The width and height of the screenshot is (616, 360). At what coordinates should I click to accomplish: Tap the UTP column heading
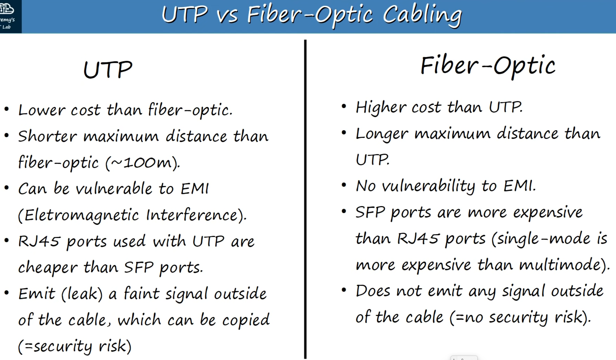point(108,70)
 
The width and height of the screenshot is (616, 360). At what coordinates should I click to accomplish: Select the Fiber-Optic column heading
point(488,66)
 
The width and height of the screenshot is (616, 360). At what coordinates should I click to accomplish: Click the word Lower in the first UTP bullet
point(42,110)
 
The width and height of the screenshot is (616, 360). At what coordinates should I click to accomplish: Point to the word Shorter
point(48,136)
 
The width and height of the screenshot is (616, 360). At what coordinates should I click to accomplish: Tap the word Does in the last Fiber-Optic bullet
point(373,291)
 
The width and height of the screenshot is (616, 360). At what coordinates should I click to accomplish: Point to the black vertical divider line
point(305,199)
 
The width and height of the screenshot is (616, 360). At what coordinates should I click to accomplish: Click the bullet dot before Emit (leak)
point(7,293)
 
